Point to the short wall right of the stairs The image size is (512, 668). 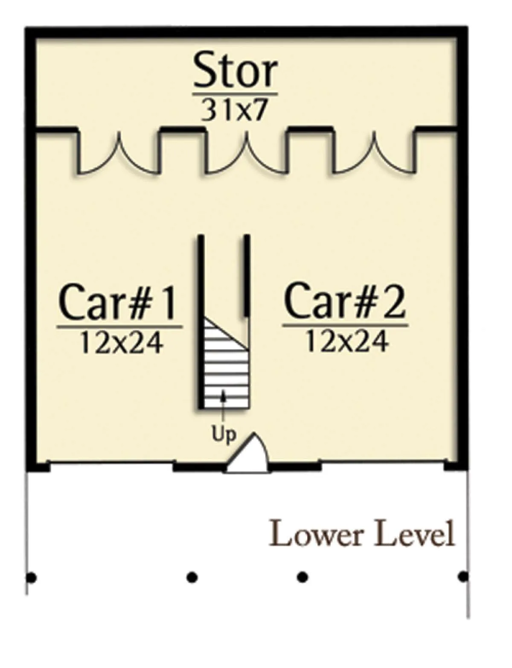[x=246, y=275]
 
